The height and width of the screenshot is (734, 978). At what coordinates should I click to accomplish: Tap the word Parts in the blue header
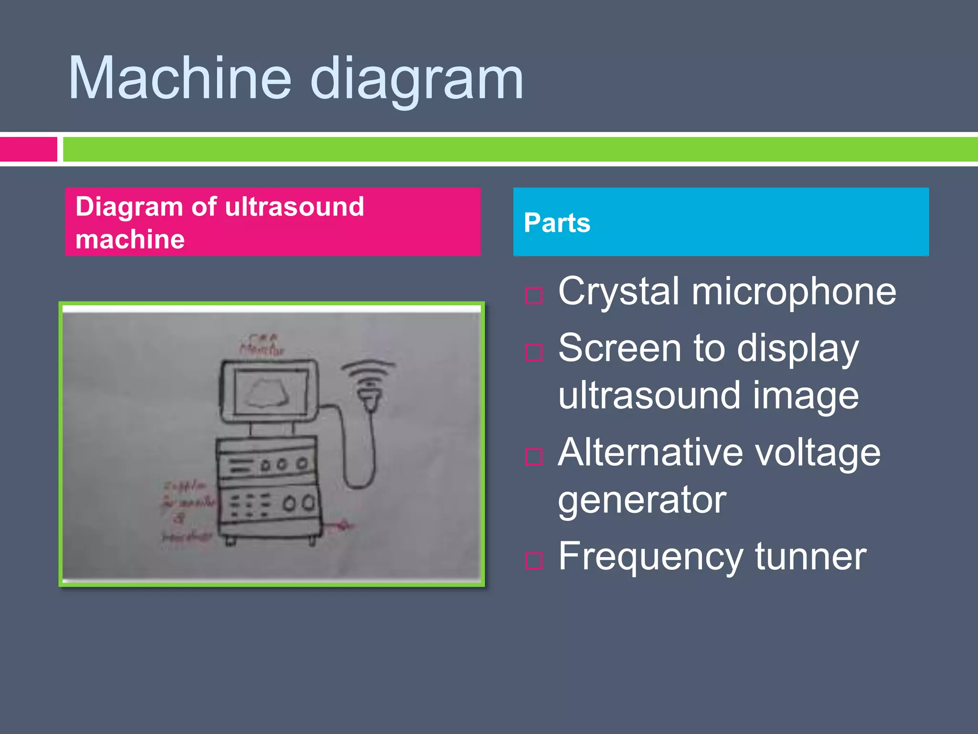557,223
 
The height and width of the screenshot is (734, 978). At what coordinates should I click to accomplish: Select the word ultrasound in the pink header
294,207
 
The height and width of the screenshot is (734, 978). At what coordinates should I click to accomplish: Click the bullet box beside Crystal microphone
533,296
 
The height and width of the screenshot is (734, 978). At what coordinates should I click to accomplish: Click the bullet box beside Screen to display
533,352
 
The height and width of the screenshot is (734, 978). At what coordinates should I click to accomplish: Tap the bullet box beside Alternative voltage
533,456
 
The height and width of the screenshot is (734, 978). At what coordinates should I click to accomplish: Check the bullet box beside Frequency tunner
533,561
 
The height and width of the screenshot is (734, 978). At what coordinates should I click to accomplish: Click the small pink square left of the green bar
29,149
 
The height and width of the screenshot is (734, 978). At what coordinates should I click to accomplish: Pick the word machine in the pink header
130,239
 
